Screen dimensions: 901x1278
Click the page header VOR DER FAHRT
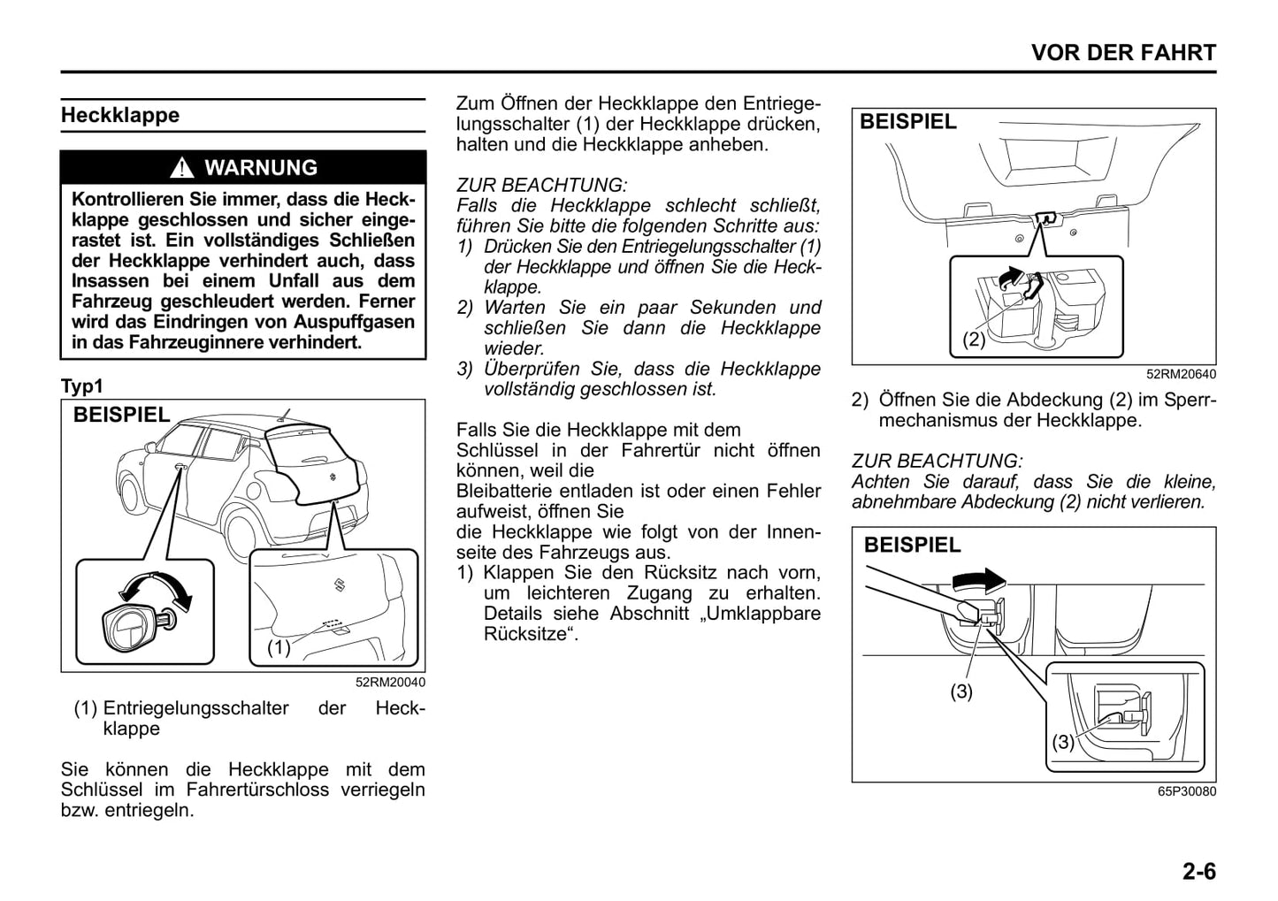pos(1123,53)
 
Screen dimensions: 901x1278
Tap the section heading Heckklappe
pos(120,116)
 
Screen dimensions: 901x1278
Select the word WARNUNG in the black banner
pos(260,168)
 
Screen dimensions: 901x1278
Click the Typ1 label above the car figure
pos(82,386)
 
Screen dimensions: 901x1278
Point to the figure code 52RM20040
pos(390,683)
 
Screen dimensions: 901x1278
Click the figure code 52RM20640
pos(1181,375)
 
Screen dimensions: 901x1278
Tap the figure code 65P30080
pos(1186,791)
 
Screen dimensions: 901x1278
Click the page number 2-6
pos(1198,872)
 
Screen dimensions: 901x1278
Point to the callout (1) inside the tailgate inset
pos(279,647)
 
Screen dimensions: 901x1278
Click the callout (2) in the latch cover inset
pos(974,339)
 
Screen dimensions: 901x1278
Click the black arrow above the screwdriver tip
pos(977,580)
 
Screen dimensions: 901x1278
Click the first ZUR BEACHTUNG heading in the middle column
pos(541,186)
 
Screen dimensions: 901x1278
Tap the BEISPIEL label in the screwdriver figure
pos(912,546)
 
